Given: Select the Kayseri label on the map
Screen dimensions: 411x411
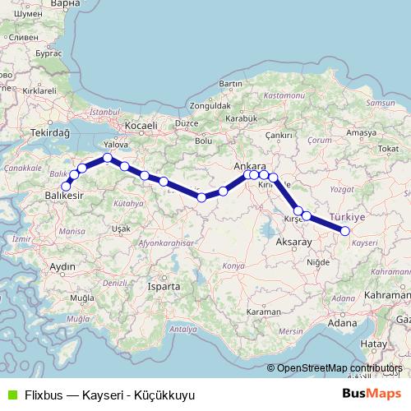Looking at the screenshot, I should [364, 243].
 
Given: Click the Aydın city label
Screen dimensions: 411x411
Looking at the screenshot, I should [62, 267].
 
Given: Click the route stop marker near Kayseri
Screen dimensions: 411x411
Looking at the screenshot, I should [345, 231].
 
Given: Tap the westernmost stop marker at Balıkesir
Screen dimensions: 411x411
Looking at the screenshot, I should [67, 186].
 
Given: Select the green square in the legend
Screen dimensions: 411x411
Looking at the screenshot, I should [12, 395].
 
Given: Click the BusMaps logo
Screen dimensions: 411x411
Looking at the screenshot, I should [372, 394].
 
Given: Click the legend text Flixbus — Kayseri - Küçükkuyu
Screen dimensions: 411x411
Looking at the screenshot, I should [104, 395].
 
